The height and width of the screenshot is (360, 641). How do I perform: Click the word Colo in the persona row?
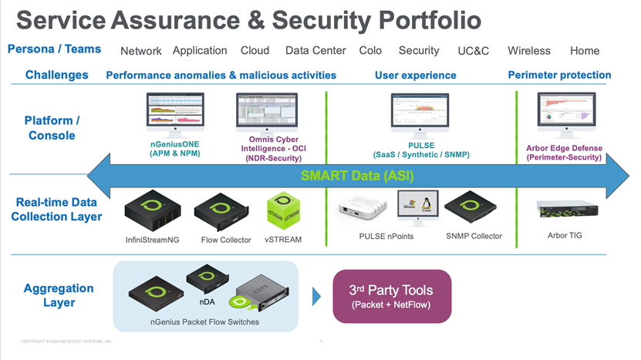[x=370, y=51]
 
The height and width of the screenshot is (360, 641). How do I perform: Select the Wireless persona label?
[x=529, y=51]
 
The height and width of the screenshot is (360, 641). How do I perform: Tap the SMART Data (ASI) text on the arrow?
[x=359, y=176]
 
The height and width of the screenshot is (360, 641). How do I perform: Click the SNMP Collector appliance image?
[x=474, y=207]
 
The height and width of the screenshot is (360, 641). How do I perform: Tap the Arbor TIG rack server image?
[x=564, y=209]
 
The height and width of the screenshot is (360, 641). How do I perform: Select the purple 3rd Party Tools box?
[x=391, y=295]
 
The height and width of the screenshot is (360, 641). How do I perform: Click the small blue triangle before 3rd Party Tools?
[x=316, y=296]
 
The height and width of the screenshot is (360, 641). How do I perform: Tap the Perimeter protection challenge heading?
[x=559, y=75]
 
